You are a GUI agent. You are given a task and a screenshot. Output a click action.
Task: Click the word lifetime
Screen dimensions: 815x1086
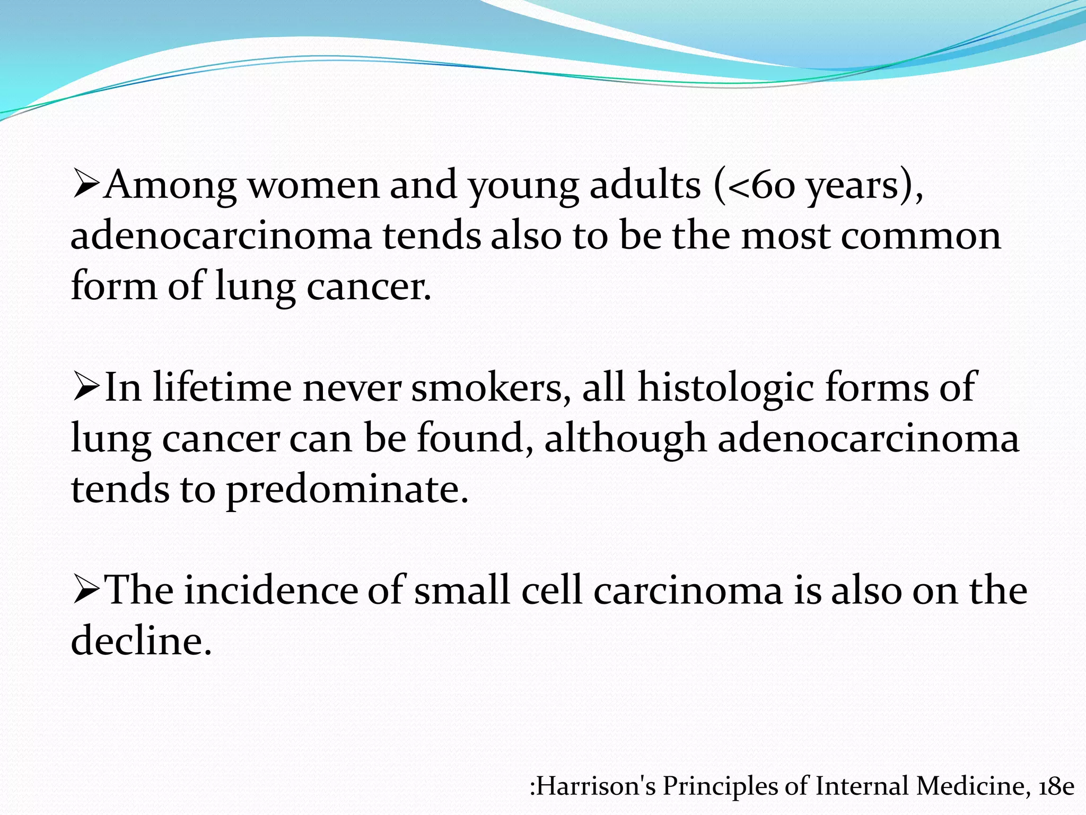(222, 387)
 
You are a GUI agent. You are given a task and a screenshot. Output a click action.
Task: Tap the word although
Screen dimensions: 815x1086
(625, 439)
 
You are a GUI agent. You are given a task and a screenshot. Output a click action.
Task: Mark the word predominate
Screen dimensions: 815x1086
(348, 489)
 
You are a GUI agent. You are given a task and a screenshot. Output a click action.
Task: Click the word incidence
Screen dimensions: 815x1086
(271, 591)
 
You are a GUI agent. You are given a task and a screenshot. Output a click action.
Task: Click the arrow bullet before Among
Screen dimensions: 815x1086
(86, 184)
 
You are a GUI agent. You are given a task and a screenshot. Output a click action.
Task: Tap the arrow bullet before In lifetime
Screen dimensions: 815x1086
(86, 387)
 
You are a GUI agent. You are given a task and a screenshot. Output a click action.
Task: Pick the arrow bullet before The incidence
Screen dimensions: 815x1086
(86, 590)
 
